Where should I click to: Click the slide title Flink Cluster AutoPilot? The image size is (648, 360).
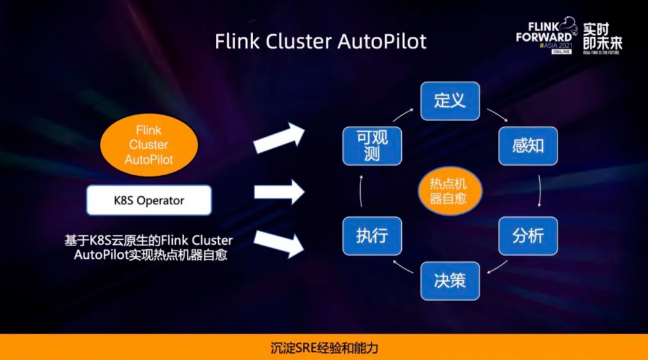tap(320, 41)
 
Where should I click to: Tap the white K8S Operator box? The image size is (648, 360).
tap(149, 201)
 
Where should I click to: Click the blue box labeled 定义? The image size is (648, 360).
tap(450, 100)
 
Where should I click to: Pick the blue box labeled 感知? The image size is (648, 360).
tap(528, 146)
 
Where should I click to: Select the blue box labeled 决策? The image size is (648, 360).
tap(450, 280)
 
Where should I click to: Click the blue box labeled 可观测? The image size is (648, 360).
tap(371, 146)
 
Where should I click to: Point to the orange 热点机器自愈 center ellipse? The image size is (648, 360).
tap(449, 190)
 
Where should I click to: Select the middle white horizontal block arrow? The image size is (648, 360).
tap(278, 192)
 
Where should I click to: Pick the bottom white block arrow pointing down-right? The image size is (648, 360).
tap(278, 244)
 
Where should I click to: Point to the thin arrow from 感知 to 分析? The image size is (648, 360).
tap(539, 190)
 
